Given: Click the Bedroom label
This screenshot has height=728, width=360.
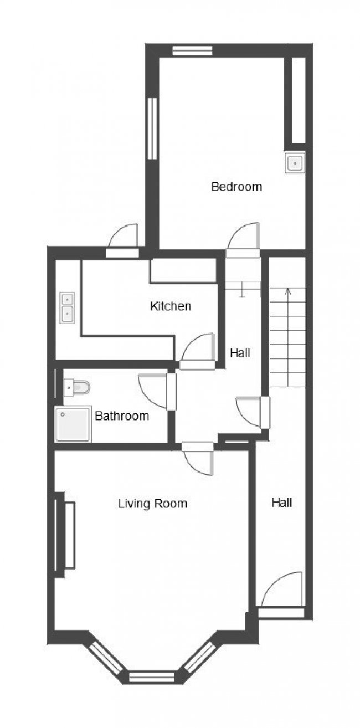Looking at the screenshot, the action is [236, 187].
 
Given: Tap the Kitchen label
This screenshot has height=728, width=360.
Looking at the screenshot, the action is [171, 306].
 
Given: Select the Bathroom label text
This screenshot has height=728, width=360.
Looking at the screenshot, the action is [122, 416].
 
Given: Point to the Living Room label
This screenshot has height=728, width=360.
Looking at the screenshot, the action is [152, 504].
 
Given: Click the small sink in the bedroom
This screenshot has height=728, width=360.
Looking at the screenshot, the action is [295, 162].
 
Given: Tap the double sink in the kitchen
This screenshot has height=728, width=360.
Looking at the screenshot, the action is [67, 307].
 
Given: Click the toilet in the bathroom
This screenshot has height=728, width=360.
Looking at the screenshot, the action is [76, 387].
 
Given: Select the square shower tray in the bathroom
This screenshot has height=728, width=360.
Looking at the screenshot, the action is [73, 424].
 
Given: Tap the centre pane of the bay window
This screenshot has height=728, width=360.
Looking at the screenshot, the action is [152, 675].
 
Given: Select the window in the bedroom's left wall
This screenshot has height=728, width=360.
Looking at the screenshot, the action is [152, 129].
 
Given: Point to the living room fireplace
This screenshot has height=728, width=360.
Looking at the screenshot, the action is [65, 535].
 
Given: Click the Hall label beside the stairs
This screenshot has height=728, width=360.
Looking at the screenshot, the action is [240, 353].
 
